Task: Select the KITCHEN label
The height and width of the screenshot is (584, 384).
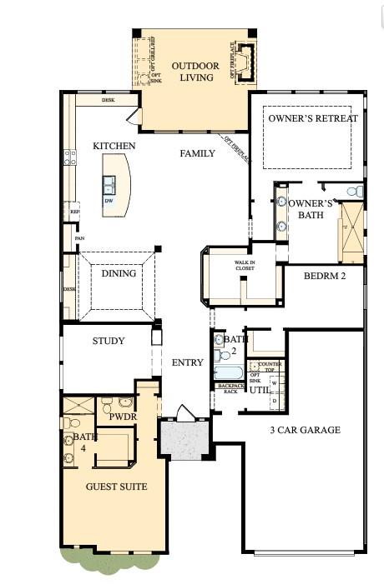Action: tap(114, 146)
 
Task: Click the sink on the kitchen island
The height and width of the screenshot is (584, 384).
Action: tap(109, 182)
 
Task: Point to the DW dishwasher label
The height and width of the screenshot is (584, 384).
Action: tap(109, 201)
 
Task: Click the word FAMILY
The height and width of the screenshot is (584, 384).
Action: tap(197, 153)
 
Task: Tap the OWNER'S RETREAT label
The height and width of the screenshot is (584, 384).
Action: tap(313, 118)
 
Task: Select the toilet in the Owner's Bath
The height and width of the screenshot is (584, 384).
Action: tap(355, 192)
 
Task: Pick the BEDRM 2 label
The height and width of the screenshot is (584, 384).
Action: tap(325, 275)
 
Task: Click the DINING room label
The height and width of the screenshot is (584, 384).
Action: tap(119, 273)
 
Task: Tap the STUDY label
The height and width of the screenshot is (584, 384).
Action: tap(109, 341)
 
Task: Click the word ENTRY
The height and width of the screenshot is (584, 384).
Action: tap(187, 362)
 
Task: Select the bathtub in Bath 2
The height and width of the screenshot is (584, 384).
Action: tap(227, 372)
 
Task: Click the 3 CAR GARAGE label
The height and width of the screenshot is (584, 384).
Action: tap(304, 430)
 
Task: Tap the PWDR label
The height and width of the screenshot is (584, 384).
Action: tap(123, 416)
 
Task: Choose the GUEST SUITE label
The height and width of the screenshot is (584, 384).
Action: tap(116, 487)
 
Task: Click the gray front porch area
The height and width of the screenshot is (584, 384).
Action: tap(183, 438)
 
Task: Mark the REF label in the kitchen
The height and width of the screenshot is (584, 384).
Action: tap(74, 212)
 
